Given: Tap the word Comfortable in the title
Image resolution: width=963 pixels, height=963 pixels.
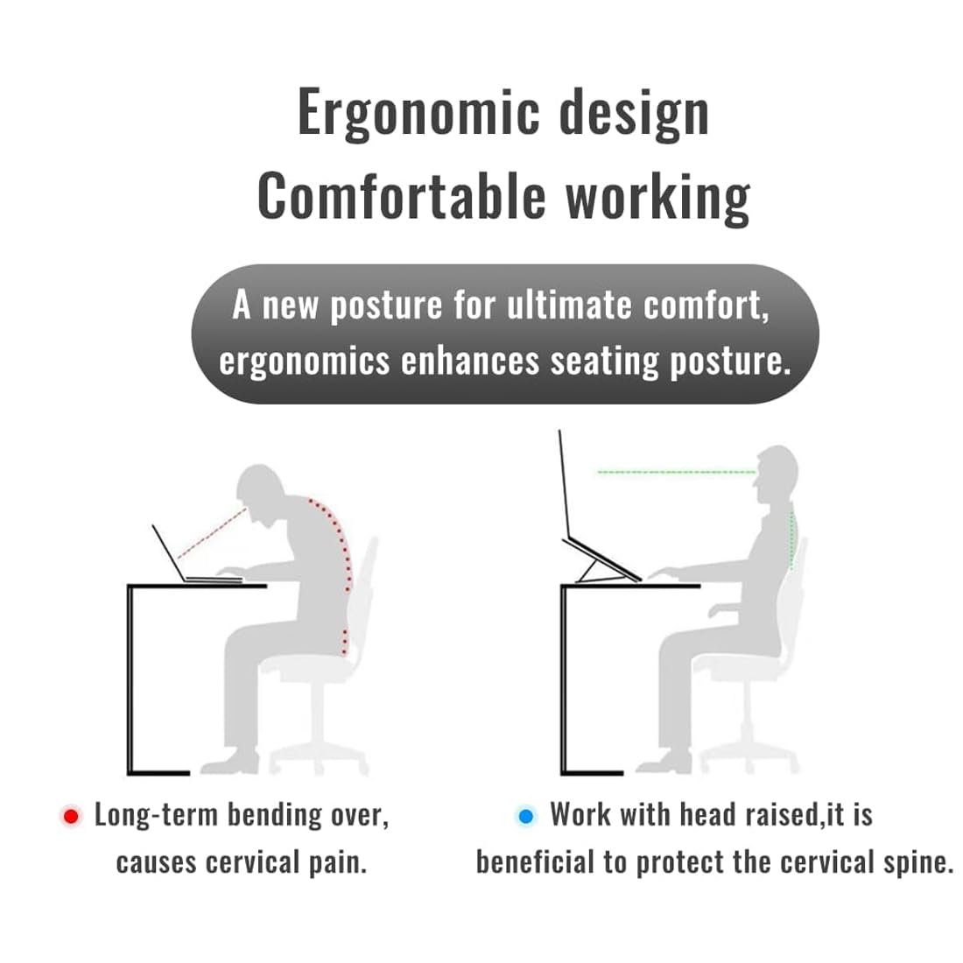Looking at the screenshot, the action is pos(402,196).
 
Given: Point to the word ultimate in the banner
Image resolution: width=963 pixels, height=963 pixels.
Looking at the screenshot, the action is pos(569,306).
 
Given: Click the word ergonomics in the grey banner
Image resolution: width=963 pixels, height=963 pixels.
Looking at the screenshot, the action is pos(304,362).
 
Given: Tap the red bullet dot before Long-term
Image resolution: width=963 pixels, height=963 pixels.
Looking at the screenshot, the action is pos(71,816).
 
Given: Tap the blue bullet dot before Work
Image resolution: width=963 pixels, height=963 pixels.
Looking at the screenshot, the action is pos(526,816).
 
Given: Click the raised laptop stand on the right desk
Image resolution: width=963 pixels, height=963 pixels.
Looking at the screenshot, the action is pos(602,560).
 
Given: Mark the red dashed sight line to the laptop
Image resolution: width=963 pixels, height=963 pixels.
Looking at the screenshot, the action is pos(212,532).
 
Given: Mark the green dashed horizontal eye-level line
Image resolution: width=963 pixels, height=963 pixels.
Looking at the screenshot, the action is pos(677,472).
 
